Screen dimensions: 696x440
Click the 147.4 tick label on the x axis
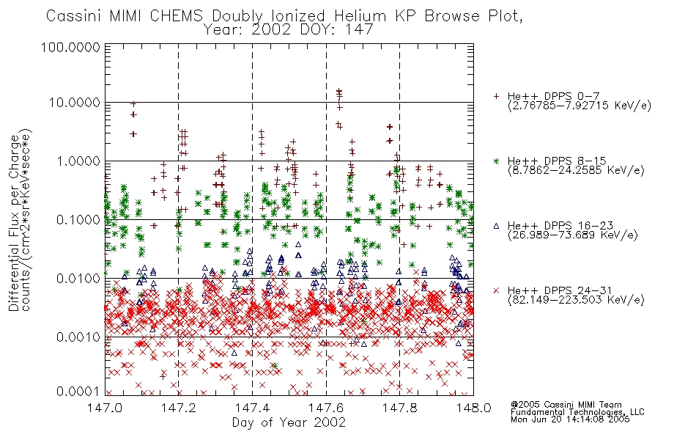pos(253,408)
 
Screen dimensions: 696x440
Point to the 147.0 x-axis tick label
pos(105,408)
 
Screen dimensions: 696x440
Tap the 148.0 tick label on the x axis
pos(473,408)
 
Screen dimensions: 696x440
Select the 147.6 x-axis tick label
pos(326,408)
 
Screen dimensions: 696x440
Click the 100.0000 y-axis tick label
pos(71,47)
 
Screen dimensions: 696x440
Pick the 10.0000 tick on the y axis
pos(75,103)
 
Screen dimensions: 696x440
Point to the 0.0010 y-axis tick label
pos(78,337)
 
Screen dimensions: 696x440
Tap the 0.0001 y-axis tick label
pos(78,392)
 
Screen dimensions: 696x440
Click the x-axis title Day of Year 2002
pos(289,422)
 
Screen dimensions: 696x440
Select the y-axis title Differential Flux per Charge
pos(14,223)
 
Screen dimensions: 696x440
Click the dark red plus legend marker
pos(496,96)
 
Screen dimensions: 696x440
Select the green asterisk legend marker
pos(496,161)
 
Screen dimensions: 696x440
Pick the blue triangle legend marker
pos(496,226)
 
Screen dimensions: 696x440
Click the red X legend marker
pos(496,290)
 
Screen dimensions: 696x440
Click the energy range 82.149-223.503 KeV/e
pos(576,300)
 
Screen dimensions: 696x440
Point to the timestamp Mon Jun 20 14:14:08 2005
pos(570,419)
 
